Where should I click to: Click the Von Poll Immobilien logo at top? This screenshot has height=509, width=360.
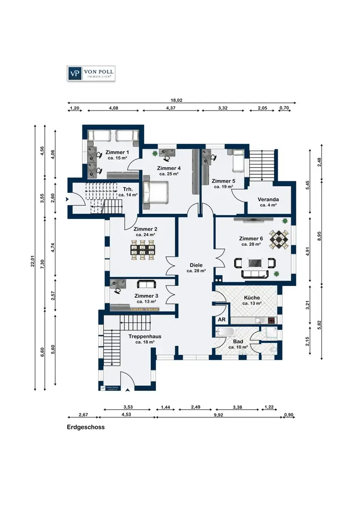tap(91, 73)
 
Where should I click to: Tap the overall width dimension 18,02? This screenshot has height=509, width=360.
tap(177, 100)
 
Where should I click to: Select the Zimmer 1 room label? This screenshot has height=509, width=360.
tap(117, 152)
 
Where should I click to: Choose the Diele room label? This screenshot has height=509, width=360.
tap(196, 265)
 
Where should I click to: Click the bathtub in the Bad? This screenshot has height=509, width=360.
tap(226, 332)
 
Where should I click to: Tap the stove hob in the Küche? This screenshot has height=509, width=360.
tap(272, 321)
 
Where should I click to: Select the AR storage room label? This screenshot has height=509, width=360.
tap(221, 320)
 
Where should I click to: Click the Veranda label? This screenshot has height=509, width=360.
tap(268, 200)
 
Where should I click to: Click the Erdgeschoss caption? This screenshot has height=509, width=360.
tap(86, 427)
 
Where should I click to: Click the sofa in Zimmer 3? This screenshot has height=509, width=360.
tap(147, 285)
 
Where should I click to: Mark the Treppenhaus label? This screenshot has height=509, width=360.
tap(145, 336)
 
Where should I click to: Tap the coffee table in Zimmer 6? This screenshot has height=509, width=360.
tap(255, 263)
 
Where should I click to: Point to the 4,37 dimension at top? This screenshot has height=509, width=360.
tap(171, 108)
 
